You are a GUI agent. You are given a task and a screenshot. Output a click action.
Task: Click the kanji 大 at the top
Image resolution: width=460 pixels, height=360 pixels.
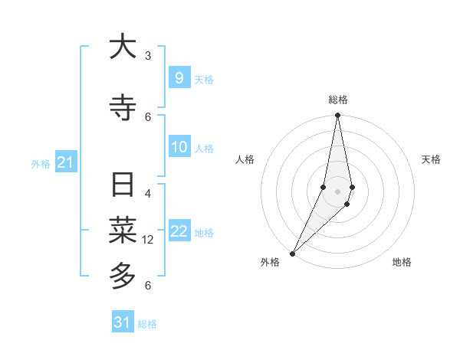tap(123, 47)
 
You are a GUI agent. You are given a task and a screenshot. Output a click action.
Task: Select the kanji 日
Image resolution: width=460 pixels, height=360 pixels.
tap(123, 186)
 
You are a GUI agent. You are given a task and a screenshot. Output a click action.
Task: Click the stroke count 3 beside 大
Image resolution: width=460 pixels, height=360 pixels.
tap(148, 55)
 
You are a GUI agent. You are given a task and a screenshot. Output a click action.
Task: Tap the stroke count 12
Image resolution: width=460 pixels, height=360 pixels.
tap(149, 239)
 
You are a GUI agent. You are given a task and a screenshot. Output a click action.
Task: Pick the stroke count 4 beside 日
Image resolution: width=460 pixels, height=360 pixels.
tap(148, 193)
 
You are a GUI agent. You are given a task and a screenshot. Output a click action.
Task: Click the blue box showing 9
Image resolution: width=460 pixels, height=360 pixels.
tap(179, 78)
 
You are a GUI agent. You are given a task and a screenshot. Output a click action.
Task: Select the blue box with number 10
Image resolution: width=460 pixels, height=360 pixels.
tap(179, 147)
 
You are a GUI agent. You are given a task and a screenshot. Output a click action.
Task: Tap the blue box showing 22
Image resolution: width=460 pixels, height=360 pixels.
tap(179, 231)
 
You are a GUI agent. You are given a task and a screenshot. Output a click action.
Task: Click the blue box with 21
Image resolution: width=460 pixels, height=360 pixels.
tap(65, 162)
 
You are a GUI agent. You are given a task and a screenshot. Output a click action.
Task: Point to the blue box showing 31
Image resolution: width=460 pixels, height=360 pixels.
tap(123, 322)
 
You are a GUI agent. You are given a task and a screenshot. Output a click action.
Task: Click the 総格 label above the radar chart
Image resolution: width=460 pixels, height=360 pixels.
tap(337, 100)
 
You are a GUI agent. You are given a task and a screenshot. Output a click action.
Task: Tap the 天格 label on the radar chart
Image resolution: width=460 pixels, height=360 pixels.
tap(431, 159)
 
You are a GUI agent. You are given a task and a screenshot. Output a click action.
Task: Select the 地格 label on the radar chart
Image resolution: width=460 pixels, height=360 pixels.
tap(402, 262)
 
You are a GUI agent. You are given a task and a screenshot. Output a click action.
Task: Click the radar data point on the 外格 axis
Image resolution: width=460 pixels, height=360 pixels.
tap(292, 253)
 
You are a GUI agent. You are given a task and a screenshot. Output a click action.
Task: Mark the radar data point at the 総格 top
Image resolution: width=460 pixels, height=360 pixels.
tap(337, 115)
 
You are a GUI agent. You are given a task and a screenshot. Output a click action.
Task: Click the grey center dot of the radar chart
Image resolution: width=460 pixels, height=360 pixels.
tap(337, 191)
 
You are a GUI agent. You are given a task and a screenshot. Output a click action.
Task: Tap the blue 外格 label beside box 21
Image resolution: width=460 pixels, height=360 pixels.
tap(41, 163)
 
